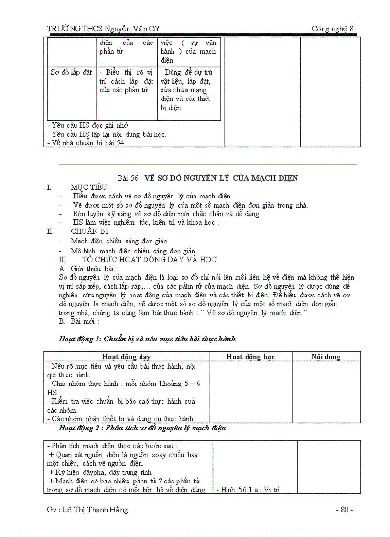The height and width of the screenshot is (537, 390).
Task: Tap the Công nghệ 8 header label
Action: tap(332, 29)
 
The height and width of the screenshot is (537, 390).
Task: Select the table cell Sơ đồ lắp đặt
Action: tap(71, 73)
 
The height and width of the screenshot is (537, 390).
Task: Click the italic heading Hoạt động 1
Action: tap(147, 339)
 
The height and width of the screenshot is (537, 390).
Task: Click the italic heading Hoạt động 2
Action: tap(142, 428)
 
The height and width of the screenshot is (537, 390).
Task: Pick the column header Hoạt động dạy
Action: tap(127, 357)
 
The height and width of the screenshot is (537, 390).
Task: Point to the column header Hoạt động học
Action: tap(250, 357)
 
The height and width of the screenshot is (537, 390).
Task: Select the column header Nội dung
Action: tap(325, 357)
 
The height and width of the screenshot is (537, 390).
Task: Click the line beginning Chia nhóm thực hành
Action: tap(124, 384)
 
